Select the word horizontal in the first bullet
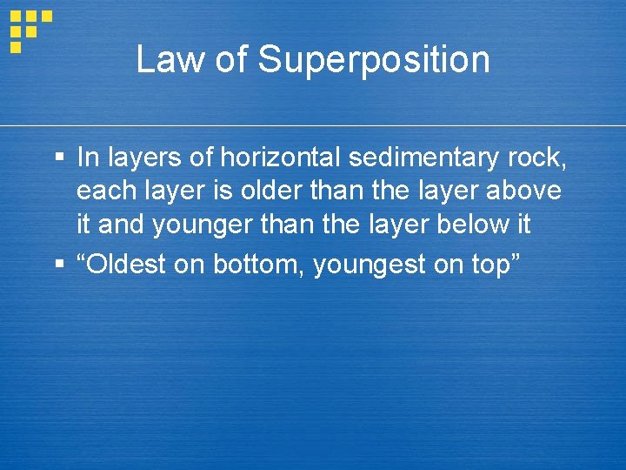tap(282, 158)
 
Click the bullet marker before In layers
tap(59, 158)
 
